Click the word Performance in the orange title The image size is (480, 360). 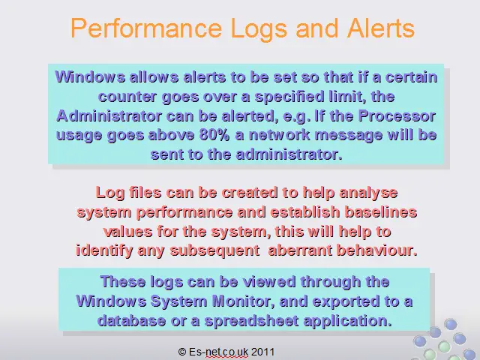pyautogui.click(x=146, y=28)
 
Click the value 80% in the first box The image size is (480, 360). pyautogui.click(x=214, y=135)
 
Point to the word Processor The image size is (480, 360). pyautogui.click(x=397, y=115)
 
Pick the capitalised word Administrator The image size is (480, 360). pyautogui.click(x=109, y=115)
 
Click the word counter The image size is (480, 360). pyautogui.click(x=127, y=97)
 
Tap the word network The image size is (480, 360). pyautogui.click(x=280, y=135)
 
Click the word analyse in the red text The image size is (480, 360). pyautogui.click(x=368, y=193)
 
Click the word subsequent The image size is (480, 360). pyautogui.click(x=214, y=251)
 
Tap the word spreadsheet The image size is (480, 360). pyautogui.click(x=252, y=321)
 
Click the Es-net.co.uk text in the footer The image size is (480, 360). pyautogui.click(x=218, y=352)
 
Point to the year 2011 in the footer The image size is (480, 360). pyautogui.click(x=263, y=352)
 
